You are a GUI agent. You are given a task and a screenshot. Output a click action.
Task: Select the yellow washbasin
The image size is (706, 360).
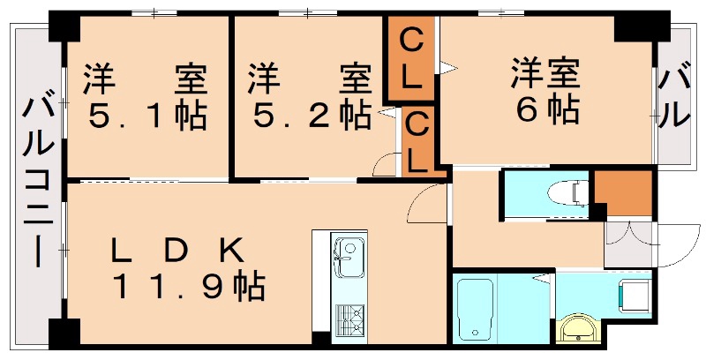coord(580,329)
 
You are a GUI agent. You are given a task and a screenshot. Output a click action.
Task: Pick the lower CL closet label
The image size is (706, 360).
coord(418,142)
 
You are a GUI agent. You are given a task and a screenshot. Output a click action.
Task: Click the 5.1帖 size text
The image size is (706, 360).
coord(146,115)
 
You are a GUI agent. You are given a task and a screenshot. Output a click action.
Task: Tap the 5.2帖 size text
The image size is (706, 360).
coord(310,115)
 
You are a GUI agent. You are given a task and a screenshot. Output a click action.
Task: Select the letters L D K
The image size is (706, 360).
coord(176,250)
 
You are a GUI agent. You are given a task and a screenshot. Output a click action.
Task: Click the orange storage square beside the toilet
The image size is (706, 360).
coord(622,192)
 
